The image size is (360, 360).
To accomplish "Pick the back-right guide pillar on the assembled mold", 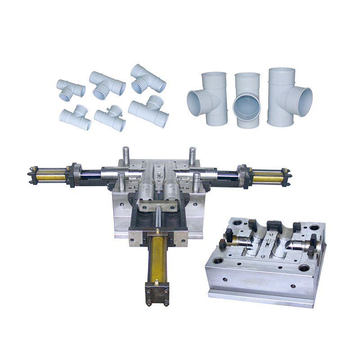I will pos(192,155).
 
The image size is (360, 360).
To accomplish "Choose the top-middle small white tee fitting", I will pos(107,84).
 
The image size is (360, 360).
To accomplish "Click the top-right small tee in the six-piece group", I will pos(146,78).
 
